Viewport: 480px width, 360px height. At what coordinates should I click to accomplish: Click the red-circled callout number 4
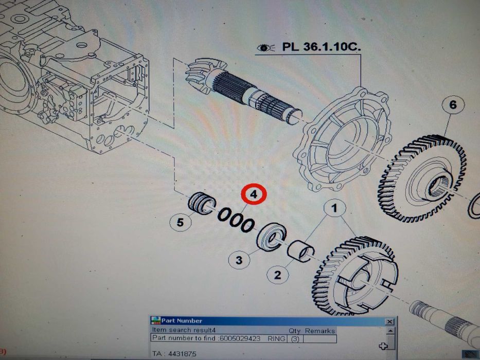254,194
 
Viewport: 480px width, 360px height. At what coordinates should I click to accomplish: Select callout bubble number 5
180,222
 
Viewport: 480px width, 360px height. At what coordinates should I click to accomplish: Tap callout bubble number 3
239,260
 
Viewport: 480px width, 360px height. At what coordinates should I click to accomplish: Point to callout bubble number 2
277,275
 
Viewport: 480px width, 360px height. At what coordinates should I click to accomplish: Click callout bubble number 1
334,208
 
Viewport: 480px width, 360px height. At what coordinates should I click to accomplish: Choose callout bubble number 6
453,105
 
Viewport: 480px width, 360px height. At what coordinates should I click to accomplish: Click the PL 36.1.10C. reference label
322,47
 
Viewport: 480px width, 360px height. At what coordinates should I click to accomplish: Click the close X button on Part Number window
389,321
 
